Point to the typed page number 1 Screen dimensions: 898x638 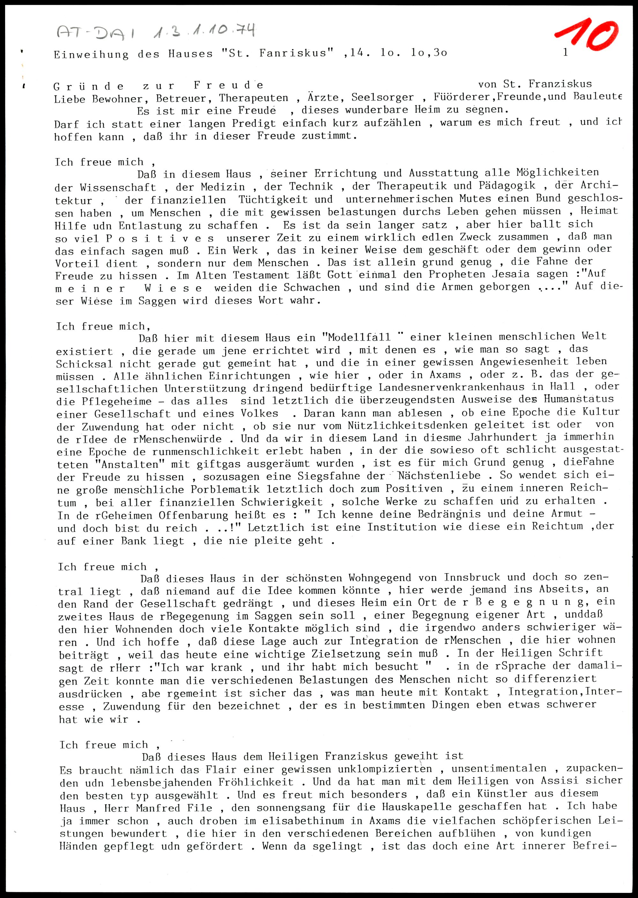click(565, 52)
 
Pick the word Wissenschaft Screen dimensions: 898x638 click(118, 187)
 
